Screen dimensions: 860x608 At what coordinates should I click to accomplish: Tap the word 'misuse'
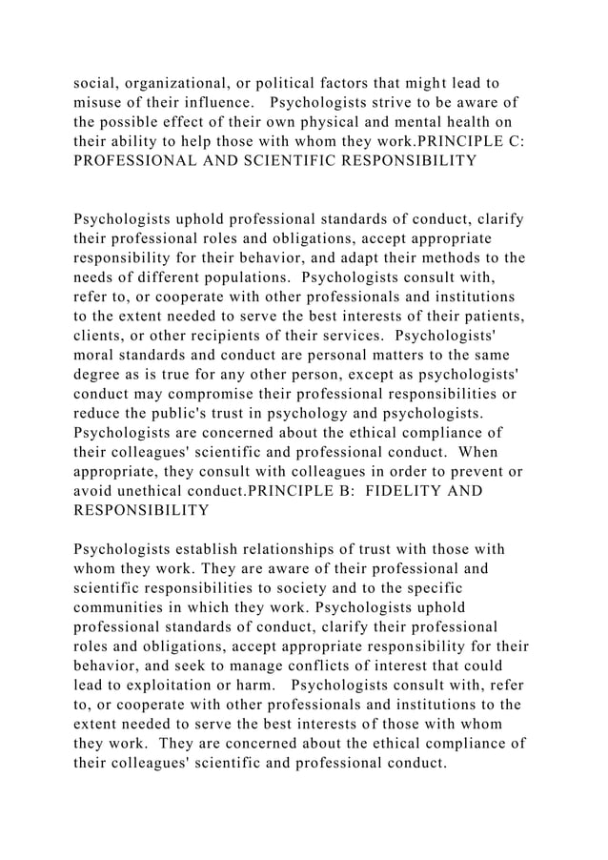tap(100, 103)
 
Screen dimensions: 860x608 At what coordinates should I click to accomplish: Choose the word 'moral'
tap(95, 355)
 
